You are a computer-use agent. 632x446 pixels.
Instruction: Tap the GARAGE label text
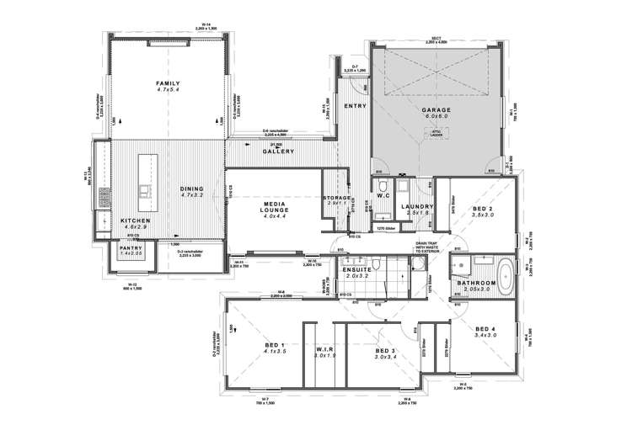click(x=437, y=109)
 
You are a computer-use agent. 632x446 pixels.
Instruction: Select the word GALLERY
click(x=277, y=151)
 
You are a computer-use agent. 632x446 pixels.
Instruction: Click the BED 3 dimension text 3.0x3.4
click(x=387, y=357)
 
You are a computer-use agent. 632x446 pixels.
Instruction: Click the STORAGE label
click(x=337, y=198)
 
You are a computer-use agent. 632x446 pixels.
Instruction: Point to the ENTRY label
click(x=353, y=106)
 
